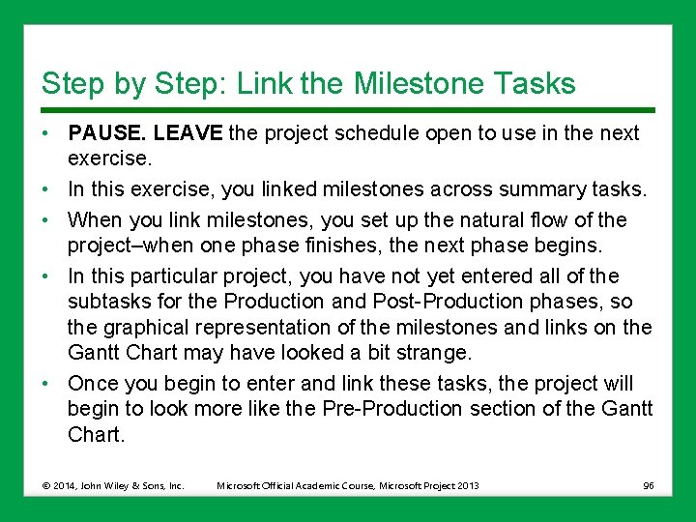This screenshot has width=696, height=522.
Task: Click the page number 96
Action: click(648, 485)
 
